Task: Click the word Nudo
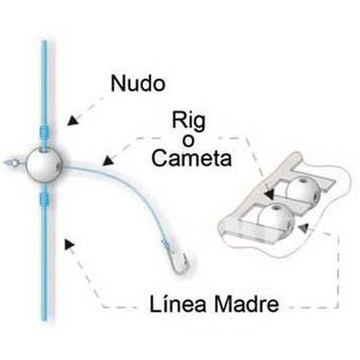point(138,83)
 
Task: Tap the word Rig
point(188,121)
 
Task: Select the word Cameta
point(192,158)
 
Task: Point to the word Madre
point(247,304)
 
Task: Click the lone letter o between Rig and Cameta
point(188,141)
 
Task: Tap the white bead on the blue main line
point(44,164)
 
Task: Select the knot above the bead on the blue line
point(44,132)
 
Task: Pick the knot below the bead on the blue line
point(44,199)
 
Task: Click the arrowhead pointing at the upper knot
point(73,121)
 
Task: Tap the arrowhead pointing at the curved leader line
point(109,160)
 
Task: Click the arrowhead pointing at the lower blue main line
point(69,243)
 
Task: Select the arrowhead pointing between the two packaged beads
point(270,194)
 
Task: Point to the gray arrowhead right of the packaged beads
point(303,227)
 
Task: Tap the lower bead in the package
point(276,218)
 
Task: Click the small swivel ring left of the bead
point(14,162)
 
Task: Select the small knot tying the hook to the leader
point(165,243)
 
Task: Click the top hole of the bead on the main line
point(44,150)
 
